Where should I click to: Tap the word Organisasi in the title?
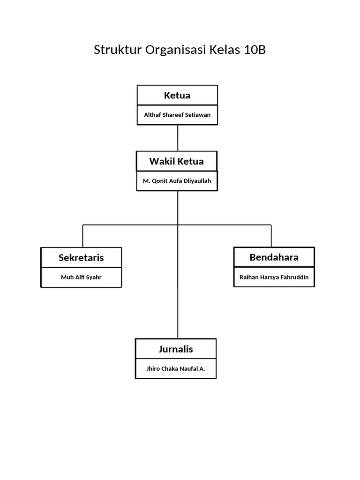coord(170,50)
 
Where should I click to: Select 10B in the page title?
coord(254,50)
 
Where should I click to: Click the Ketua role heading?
coord(177,95)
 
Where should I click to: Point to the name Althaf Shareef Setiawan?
coord(177,115)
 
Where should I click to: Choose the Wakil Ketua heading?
coord(176,161)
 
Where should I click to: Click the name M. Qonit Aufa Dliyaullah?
coord(177,180)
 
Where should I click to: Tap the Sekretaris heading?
coord(81,257)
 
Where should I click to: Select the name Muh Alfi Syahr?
coord(81,277)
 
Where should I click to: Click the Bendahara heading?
coord(274,257)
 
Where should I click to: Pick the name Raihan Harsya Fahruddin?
coord(274,277)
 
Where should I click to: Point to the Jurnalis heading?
coord(176,349)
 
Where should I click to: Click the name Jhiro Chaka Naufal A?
coord(176,368)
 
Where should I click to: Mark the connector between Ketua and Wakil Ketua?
coord(177,138)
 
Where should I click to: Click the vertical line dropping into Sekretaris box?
coord(83,236)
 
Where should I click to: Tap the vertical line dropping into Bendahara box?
coord(271,236)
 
